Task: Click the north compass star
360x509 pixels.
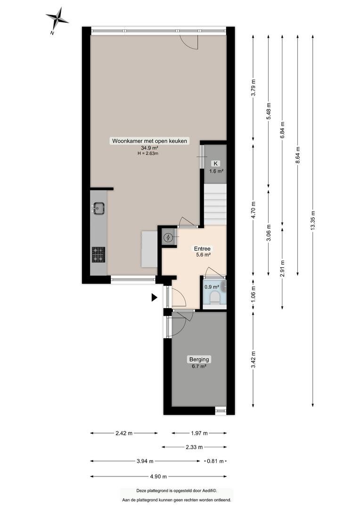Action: [x=57, y=18]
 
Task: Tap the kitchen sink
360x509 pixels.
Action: [x=98, y=208]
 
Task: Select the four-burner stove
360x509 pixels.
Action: [x=98, y=254]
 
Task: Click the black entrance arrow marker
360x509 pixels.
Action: [x=155, y=297]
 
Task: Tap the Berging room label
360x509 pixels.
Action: [x=199, y=359]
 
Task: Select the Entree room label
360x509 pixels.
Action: [x=202, y=249]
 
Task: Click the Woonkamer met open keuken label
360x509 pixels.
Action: [x=150, y=141]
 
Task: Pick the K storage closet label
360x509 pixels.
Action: [x=215, y=164]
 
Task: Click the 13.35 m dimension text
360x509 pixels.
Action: [x=313, y=221]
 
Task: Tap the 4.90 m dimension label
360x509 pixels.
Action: [x=159, y=476]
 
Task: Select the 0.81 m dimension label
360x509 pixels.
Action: [x=215, y=461]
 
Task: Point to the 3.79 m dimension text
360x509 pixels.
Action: [x=254, y=87]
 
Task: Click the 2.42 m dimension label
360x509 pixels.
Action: [x=124, y=433]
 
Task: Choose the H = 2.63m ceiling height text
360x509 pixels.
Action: [x=148, y=154]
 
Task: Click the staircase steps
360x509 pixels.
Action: [x=215, y=205]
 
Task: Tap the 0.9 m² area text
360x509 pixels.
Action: [x=212, y=287]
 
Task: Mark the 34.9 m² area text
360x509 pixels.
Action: [x=149, y=148]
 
